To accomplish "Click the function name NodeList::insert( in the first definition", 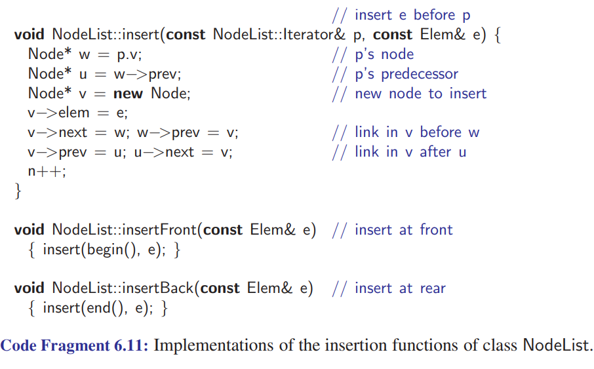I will coord(108,34).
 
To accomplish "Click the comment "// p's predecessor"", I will coord(395,74).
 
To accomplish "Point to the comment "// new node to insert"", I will coord(409,93).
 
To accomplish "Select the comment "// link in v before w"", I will coord(405,132).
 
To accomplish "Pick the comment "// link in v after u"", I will coord(400,152).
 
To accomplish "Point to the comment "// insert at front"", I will coord(392,230).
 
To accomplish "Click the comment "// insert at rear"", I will coord(389,288).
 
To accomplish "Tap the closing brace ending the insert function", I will coord(18,191).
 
